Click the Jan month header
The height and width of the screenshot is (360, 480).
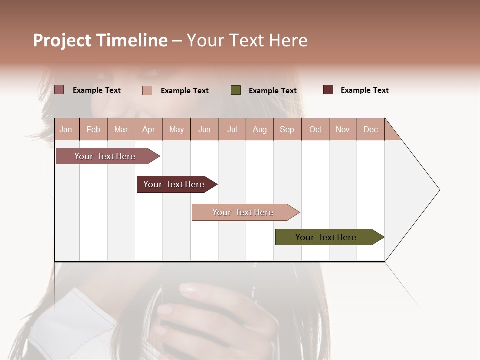66,129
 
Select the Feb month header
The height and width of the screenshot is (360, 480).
93,129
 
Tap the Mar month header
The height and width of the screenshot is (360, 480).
121,129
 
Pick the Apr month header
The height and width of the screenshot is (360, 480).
148,129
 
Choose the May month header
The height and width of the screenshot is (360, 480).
176,129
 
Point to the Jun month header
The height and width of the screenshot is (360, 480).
204,129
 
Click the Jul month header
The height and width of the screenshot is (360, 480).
232,129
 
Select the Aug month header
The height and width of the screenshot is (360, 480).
260,129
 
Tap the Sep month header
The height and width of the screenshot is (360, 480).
287,129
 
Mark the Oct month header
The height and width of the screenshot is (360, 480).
315,129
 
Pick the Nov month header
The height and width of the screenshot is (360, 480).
343,129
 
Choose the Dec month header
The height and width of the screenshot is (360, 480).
370,129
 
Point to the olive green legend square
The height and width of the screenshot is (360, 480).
236,90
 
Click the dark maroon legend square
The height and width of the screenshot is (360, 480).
328,90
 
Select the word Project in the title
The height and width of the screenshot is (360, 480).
62,40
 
